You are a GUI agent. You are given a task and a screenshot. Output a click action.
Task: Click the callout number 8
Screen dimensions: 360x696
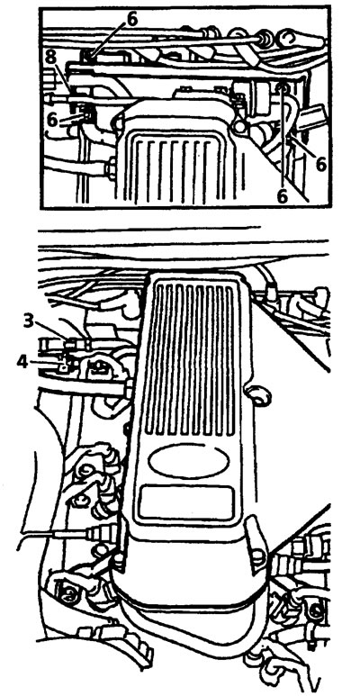51,58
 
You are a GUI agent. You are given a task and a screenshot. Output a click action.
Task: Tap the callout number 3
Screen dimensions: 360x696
29,321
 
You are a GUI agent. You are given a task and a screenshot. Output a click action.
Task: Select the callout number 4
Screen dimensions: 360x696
22,362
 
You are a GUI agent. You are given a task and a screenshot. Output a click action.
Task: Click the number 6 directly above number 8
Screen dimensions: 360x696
132,19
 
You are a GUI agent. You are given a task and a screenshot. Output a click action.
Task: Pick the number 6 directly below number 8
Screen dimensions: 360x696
53,121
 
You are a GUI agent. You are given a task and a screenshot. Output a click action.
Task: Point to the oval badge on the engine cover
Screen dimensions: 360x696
189,462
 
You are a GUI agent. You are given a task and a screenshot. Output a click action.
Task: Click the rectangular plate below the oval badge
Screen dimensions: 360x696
186,503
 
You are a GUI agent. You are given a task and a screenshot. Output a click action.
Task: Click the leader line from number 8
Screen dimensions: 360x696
64,77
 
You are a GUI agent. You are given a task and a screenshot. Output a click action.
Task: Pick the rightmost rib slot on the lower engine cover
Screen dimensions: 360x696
229,360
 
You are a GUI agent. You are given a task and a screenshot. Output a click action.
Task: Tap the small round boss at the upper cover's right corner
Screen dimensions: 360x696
240,128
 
